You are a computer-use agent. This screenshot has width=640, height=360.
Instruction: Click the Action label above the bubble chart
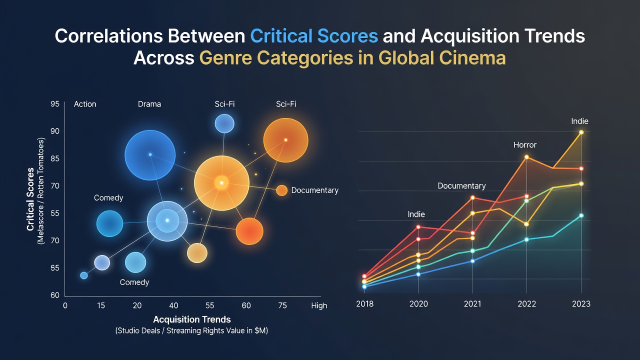click(85, 104)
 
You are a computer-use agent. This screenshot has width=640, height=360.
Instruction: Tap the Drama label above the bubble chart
click(149, 104)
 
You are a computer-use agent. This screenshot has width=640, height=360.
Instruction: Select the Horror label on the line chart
click(525, 145)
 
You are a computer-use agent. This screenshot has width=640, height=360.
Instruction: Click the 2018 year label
click(365, 303)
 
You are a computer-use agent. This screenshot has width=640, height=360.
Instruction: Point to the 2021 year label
click(472, 303)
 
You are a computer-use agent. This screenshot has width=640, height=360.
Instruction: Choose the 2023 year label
click(581, 303)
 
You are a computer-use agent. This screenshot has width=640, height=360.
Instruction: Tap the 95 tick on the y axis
click(55, 103)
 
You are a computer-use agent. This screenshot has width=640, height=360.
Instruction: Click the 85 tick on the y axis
click(55, 158)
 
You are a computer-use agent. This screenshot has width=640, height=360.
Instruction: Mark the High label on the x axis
click(319, 305)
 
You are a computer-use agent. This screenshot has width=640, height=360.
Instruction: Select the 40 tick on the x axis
click(173, 305)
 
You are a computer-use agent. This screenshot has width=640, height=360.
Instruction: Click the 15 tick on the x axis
click(101, 305)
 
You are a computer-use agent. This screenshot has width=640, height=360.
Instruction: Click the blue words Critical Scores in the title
click(314, 36)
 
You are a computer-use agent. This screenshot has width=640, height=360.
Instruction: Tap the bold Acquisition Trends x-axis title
click(192, 319)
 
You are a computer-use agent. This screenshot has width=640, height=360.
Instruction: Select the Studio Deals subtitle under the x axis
click(191, 330)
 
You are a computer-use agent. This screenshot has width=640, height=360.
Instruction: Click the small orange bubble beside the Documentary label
click(281, 190)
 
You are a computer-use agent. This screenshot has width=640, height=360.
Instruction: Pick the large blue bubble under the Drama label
click(150, 155)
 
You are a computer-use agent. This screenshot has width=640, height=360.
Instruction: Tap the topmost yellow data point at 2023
click(581, 132)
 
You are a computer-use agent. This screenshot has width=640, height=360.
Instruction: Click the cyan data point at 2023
click(581, 215)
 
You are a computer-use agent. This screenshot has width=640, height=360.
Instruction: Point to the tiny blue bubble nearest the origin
click(83, 275)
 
